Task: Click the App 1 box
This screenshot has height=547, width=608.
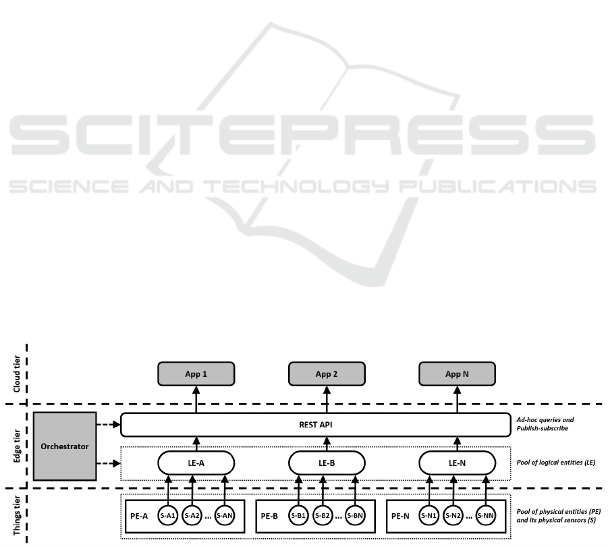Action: coord(196,373)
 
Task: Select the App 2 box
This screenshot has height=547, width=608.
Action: coord(327,373)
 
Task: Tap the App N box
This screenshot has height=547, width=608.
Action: coord(457,373)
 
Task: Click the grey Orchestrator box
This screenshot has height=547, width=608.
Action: coord(64,446)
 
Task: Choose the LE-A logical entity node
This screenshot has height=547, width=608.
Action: coord(196,463)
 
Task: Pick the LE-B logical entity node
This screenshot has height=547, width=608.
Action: coord(327,463)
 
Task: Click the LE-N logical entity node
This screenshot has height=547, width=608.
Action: coord(457,463)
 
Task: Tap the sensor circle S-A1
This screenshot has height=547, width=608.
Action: coord(169,516)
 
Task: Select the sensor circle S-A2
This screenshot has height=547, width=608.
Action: coord(192,516)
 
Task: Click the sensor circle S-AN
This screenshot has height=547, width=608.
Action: coord(224,516)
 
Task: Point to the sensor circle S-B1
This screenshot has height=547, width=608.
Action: coord(299,516)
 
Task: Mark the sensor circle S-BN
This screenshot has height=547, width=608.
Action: coord(355,516)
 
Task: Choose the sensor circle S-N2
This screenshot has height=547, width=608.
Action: coord(453,516)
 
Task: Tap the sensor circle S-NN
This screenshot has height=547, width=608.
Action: coord(485,516)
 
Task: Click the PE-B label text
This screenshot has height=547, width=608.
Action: coord(270,516)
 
